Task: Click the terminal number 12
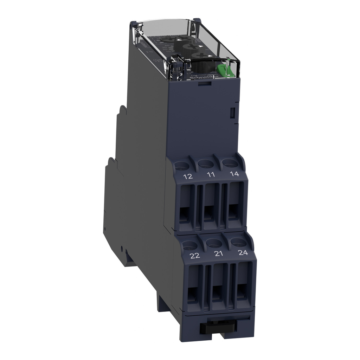click(188, 176)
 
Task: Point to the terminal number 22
click(195, 256)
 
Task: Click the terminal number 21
click(218, 254)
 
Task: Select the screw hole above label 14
click(229, 162)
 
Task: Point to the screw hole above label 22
click(190, 245)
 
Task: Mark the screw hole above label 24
click(238, 242)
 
